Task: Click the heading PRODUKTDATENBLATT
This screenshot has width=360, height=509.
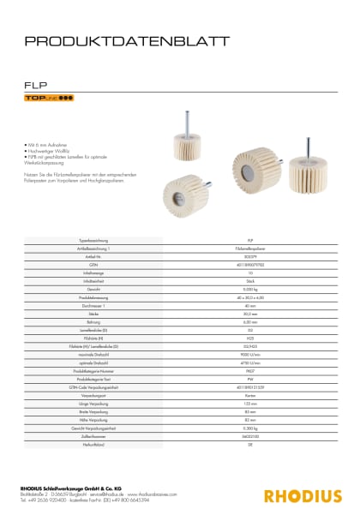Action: coord(126,40)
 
